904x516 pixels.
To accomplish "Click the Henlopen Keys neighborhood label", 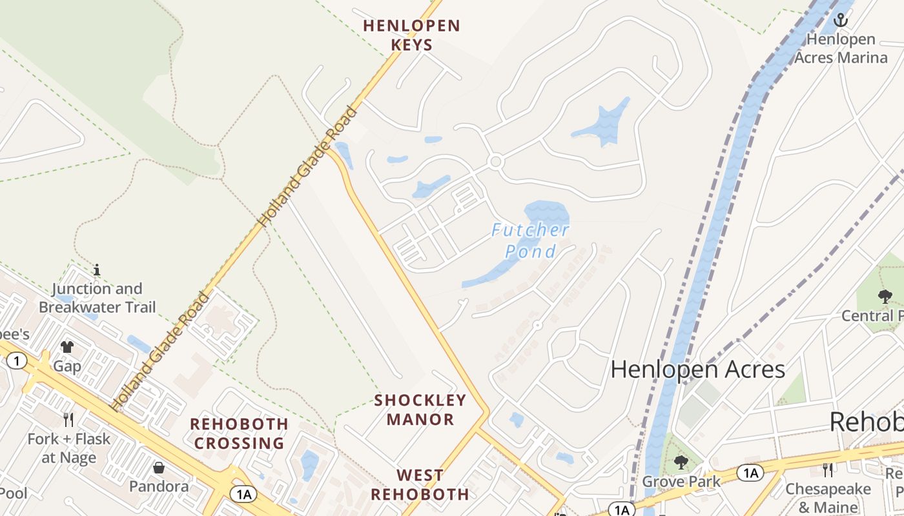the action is pos(411,35).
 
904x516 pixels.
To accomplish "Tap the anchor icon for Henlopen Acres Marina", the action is pos(840,20).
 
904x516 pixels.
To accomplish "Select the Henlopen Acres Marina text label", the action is pos(841,48).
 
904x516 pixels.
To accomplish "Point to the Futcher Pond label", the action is pos(530,241).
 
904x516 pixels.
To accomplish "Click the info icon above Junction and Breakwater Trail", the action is pos(97,269).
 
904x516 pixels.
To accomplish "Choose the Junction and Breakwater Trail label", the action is pos(97,298).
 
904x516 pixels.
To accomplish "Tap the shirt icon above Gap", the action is pos(67,347).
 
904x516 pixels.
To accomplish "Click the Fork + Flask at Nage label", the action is pos(68,448).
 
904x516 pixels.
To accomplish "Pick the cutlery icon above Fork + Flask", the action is pos(68,420).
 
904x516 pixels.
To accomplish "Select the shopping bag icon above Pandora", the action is pos(159,467).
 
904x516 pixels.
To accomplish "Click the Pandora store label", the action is pos(159,486).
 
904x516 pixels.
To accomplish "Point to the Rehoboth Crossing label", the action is pos(239,433).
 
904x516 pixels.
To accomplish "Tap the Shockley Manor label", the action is pos(420,410).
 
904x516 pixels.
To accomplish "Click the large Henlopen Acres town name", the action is pos(697,370).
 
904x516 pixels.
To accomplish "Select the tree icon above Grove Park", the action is pos(681,462).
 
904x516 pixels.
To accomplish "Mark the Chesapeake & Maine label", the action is pos(828,497).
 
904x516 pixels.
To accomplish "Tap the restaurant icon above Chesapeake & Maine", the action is pos(828,469).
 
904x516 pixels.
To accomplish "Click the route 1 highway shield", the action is pos(17,361).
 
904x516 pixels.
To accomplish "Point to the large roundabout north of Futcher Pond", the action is pos(495,162).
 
